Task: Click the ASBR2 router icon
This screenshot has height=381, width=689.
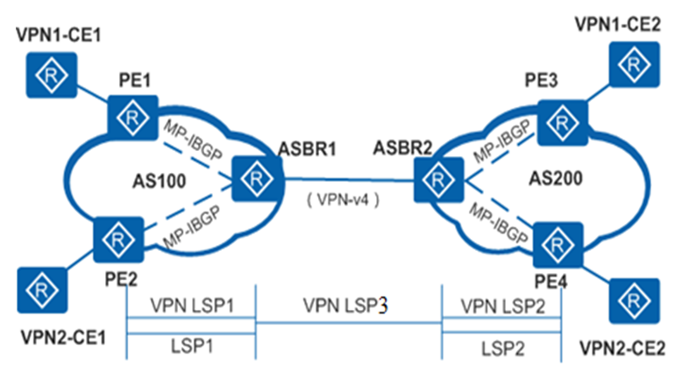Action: click(435, 180)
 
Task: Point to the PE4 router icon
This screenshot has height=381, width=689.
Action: click(558, 241)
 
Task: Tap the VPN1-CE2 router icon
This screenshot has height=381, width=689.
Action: click(630, 62)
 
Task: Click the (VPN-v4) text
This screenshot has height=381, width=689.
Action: click(344, 200)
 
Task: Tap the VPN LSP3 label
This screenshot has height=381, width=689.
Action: click(344, 306)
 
